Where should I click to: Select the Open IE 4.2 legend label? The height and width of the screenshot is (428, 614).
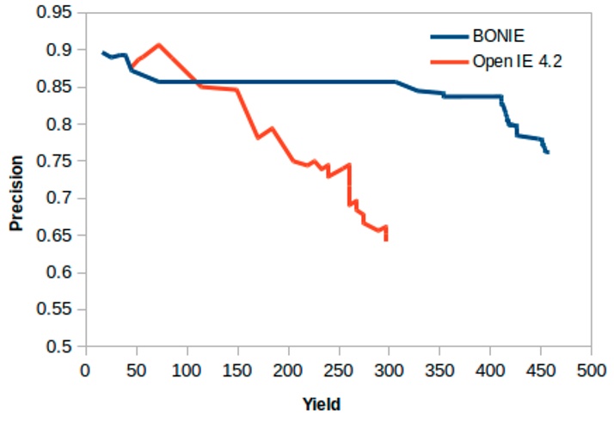[x=514, y=62]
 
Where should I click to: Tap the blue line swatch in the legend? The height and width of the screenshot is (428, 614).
[x=448, y=36]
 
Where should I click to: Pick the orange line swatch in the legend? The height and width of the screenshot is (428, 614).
[x=448, y=62]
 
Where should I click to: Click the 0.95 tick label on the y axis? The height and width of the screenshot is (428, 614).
[x=56, y=13]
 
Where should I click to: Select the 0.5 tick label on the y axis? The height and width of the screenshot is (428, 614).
[x=60, y=347]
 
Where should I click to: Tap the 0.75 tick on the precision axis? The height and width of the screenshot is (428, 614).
[x=56, y=162]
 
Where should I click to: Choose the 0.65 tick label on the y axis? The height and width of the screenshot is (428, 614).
[x=56, y=235]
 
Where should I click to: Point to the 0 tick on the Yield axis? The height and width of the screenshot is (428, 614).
[x=84, y=371]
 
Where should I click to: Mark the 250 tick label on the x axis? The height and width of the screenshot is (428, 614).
[x=337, y=371]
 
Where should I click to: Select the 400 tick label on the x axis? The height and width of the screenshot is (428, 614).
[x=488, y=371]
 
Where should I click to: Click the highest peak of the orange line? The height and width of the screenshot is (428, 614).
[x=158, y=44]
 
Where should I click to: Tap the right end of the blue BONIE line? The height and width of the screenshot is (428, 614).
[x=547, y=152]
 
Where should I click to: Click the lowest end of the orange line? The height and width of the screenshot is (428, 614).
[x=386, y=240]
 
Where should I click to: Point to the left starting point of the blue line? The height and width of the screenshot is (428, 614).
[x=101, y=52]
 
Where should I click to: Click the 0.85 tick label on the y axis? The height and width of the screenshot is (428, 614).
[x=56, y=88]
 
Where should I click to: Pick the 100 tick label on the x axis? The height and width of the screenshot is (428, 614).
[x=185, y=371]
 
